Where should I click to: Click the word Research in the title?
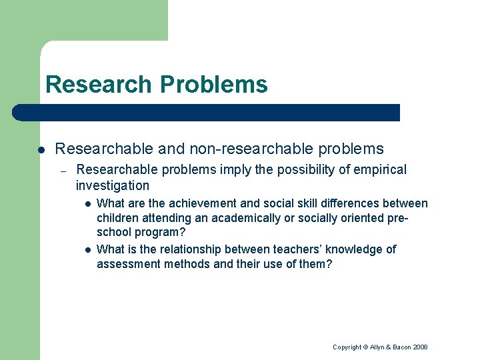point(99,85)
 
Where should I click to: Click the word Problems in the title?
point(213,85)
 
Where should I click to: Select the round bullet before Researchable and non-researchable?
point(41,149)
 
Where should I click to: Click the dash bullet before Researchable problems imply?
point(63,171)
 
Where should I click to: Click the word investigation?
point(113,186)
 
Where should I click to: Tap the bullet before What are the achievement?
point(87,203)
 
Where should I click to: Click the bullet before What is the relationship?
point(87,249)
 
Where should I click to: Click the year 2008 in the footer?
point(421,347)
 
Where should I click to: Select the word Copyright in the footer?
point(347,347)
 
